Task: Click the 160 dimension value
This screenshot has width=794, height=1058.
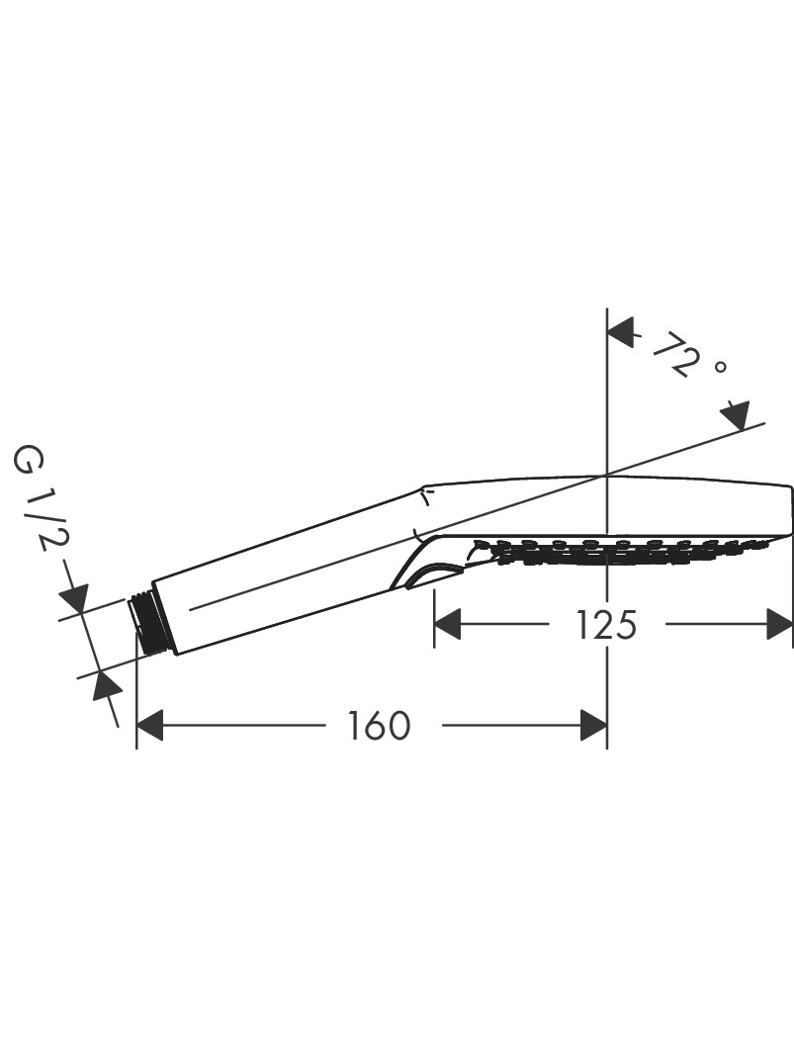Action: pyautogui.click(x=379, y=726)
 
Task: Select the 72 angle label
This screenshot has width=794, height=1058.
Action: pyautogui.click(x=674, y=353)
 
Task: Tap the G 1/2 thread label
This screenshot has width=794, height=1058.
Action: pyautogui.click(x=41, y=497)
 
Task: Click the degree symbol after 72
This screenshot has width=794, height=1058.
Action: pyautogui.click(x=721, y=368)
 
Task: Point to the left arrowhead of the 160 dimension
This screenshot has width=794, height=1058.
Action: pyautogui.click(x=149, y=726)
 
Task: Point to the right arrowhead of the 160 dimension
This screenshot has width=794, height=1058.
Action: pyautogui.click(x=593, y=726)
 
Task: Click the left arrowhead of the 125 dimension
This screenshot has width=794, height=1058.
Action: pyautogui.click(x=447, y=624)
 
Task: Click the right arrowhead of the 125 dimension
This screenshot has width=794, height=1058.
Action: pyautogui.click(x=780, y=624)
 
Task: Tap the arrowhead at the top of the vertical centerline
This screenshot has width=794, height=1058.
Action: pyautogui.click(x=622, y=332)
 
